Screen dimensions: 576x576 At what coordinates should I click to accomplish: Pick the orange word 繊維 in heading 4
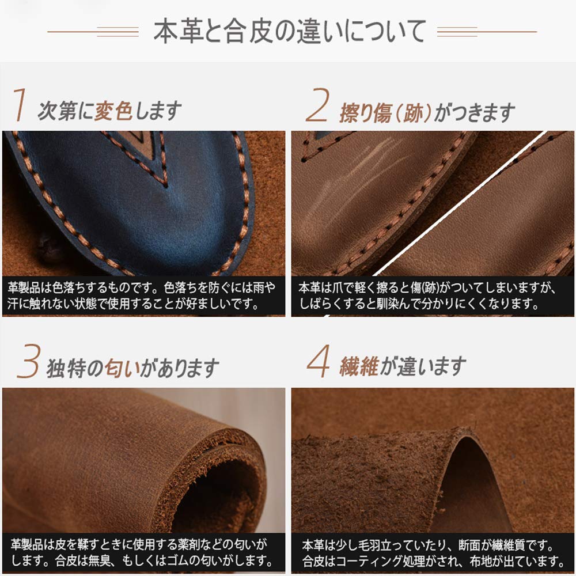coord(359,366)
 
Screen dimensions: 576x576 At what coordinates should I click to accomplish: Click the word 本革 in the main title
coord(173,31)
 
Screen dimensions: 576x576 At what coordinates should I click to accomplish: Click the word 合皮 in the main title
coord(246,31)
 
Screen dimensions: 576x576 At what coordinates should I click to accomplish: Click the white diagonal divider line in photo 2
coord(461,202)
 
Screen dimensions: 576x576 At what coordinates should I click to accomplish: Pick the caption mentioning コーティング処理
coord(432,552)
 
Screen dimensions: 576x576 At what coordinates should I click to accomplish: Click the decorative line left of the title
coord(92,32)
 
